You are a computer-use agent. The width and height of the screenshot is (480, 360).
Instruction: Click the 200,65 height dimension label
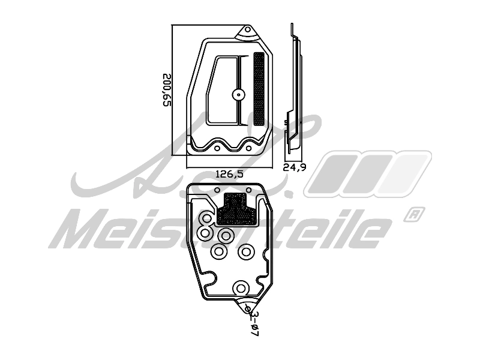coord(167,90)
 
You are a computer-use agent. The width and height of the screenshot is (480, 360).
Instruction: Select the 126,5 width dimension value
coord(229,174)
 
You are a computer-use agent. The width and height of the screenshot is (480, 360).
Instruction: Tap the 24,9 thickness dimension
coord(294,167)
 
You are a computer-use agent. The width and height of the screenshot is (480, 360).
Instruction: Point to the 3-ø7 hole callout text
coord(254,324)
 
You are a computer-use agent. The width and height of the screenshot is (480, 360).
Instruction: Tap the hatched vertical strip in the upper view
coord(259,89)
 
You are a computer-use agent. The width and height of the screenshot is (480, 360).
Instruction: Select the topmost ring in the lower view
coord(206,219)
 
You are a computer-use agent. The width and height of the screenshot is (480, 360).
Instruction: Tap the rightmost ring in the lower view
coord(245,253)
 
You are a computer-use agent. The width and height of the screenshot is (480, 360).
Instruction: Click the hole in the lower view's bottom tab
coord(248,308)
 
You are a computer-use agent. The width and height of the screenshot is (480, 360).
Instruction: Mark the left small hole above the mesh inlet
coord(217,190)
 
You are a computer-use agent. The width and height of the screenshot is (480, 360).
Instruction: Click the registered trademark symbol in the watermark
coord(413,213)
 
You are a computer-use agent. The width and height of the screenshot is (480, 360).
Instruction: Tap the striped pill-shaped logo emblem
coord(367,173)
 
